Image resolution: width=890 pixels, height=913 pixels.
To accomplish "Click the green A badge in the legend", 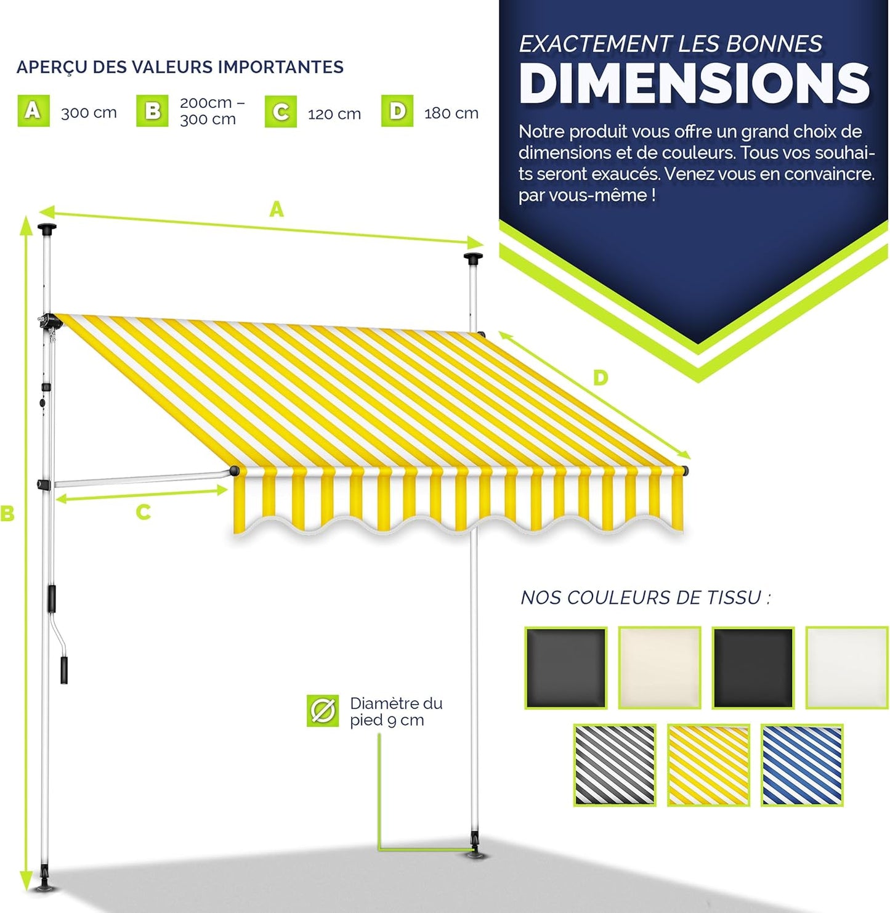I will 33,111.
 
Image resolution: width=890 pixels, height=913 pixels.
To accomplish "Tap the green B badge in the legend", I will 152,111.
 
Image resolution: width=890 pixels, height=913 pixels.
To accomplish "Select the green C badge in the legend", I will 281,112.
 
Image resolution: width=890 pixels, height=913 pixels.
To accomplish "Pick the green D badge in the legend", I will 397,111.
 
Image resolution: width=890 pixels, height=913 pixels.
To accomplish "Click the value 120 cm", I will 334,114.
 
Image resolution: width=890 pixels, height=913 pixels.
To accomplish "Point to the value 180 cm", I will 451,113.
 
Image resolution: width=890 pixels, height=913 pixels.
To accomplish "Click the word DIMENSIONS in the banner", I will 694,84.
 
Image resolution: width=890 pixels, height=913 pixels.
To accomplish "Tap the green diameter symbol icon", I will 323,711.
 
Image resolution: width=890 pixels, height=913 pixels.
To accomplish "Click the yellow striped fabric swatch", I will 708,765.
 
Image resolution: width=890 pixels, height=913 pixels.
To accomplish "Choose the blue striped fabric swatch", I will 802,765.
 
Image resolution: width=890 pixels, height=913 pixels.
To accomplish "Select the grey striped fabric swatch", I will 615,765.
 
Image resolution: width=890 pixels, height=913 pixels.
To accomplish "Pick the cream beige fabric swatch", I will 660,668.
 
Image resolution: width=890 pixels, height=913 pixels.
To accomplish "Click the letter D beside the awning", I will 601,378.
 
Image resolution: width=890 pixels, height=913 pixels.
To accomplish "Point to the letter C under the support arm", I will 144,512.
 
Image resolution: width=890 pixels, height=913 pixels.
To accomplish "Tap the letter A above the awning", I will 277,210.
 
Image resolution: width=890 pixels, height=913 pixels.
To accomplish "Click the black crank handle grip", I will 64,670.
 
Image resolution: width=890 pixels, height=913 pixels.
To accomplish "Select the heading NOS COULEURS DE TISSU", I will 645,598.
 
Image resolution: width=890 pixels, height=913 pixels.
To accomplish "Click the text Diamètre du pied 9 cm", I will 395,712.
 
